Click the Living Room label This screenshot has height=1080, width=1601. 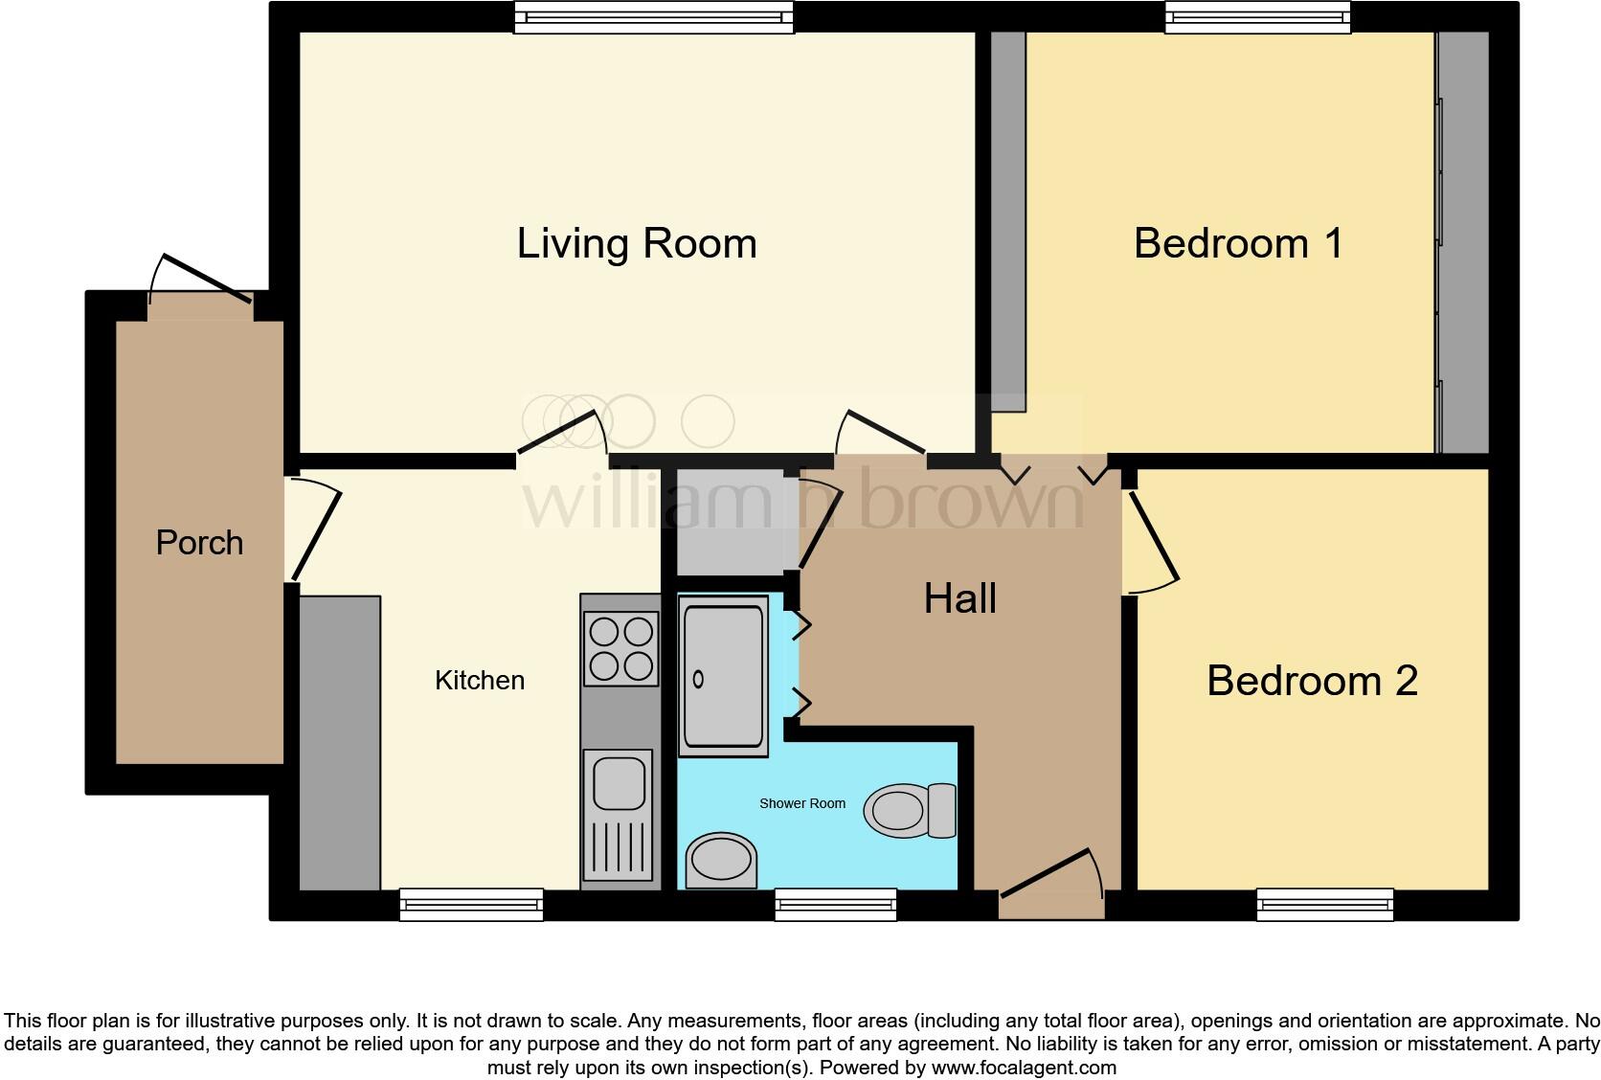[637, 243]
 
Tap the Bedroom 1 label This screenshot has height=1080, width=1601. [1237, 243]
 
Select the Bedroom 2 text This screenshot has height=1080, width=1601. [1311, 681]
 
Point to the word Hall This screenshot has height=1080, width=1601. [959, 598]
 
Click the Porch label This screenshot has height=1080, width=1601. [199, 543]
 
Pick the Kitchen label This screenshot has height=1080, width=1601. [480, 681]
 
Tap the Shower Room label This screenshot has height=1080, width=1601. [801, 803]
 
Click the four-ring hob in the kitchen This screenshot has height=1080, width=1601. [621, 648]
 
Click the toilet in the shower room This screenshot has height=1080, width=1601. [910, 810]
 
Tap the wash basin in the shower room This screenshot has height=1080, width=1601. [721, 859]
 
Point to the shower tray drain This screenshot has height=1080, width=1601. [698, 679]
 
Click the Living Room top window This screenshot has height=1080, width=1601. [654, 17]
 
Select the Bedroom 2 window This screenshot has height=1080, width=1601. [1324, 904]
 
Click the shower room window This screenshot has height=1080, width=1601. [835, 904]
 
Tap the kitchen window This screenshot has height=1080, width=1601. [471, 904]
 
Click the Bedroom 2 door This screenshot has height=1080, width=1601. [1154, 541]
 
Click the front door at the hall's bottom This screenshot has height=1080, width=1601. [1050, 876]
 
